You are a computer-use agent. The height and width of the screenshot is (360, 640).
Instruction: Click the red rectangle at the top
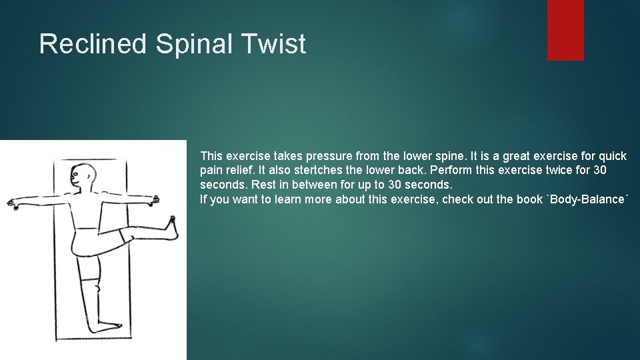[x=565, y=30]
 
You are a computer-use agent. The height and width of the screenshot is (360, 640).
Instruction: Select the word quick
[x=611, y=156]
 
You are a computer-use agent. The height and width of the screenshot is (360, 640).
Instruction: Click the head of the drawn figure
[x=83, y=177]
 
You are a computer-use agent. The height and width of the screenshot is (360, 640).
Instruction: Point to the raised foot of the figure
[x=173, y=227]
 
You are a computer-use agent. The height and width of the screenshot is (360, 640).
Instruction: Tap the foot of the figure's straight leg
[x=107, y=327]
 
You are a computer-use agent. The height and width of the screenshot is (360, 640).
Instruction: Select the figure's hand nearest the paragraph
[x=155, y=199]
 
